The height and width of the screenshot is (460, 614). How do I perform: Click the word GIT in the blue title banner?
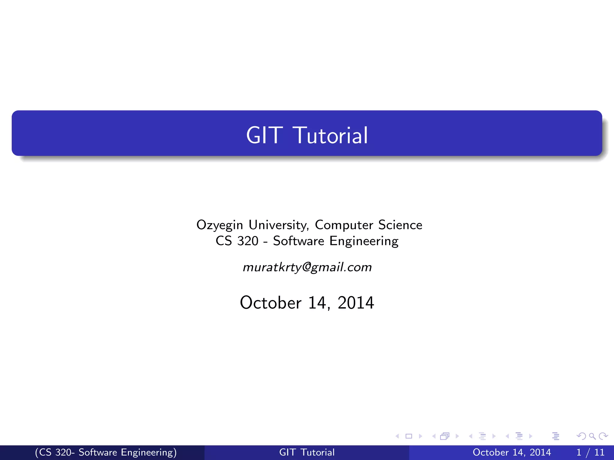[x=264, y=135]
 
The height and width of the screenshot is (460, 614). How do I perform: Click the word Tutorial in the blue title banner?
[x=332, y=135]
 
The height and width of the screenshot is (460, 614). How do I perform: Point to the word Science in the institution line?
[x=400, y=225]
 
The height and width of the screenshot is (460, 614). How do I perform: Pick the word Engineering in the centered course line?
[x=364, y=241]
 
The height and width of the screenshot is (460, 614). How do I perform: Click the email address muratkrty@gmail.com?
[x=307, y=267]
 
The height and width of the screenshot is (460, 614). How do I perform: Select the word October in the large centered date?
[x=271, y=303]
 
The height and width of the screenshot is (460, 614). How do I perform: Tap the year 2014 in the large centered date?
[x=356, y=303]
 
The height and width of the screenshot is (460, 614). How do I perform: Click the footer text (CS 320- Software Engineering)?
[x=106, y=452]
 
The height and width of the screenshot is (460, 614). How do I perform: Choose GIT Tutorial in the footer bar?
[x=307, y=452]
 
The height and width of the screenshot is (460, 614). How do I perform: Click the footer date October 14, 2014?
[x=511, y=452]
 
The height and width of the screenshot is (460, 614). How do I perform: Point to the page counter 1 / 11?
[x=590, y=452]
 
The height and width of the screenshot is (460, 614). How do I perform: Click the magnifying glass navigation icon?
[x=592, y=436]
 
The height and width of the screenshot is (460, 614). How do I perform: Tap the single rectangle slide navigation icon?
[x=409, y=436]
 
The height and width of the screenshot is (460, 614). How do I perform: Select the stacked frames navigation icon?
[x=445, y=436]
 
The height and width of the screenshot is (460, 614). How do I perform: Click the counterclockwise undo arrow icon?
[x=581, y=436]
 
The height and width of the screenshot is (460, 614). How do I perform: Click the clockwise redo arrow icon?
[x=603, y=436]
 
